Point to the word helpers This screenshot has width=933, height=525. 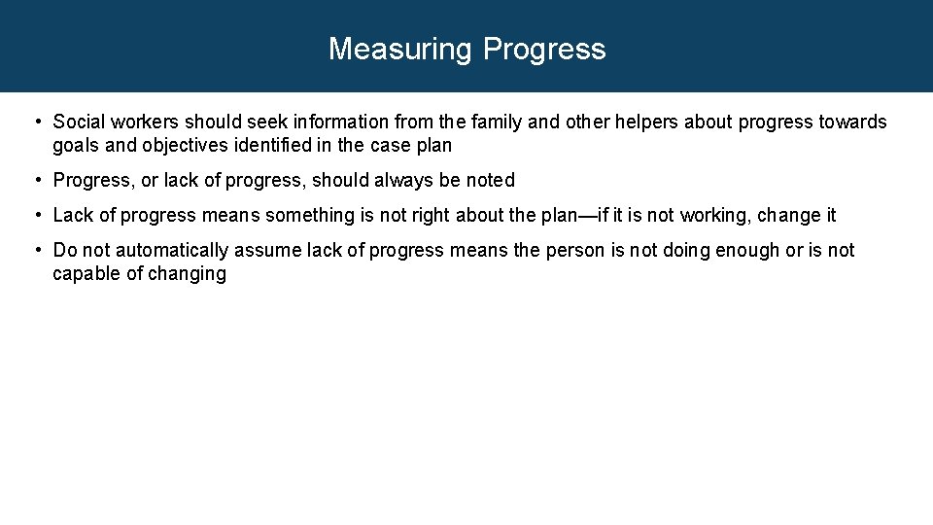(x=644, y=122)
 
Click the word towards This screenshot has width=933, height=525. (x=852, y=122)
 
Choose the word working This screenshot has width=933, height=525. (x=713, y=215)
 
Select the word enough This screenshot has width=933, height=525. (x=746, y=250)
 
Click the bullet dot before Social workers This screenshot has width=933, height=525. (x=35, y=122)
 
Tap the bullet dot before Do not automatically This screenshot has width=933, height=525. (x=35, y=250)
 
